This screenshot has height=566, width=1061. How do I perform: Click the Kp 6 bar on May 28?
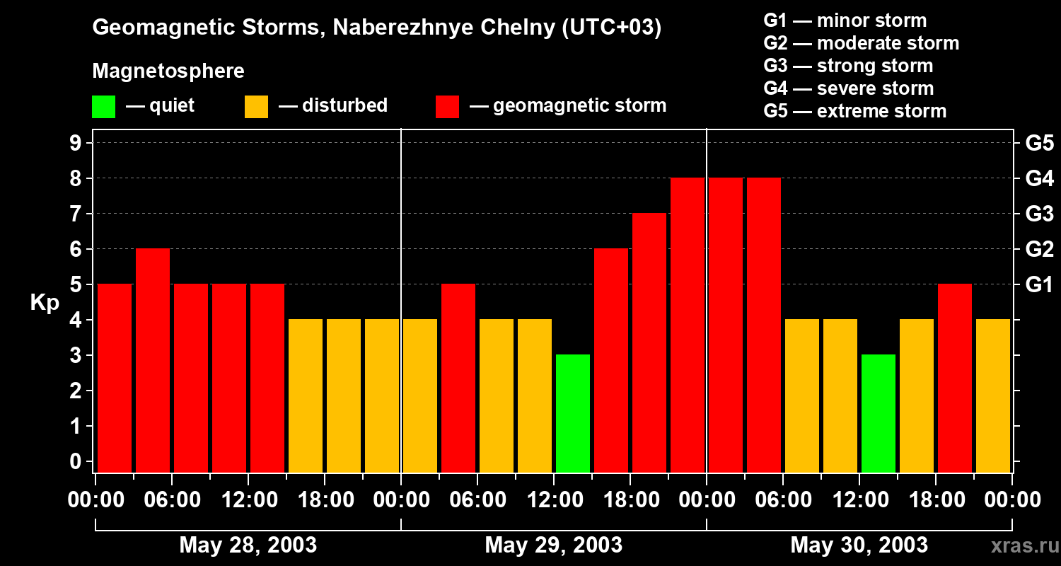153,360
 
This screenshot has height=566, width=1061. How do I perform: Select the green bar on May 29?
573,413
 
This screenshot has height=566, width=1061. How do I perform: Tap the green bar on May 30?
879,413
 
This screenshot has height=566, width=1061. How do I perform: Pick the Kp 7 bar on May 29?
649,342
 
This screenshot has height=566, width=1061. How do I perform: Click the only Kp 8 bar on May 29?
688,325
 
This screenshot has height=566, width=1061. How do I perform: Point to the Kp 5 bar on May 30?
955,378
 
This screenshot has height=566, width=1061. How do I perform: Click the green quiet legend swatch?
103,106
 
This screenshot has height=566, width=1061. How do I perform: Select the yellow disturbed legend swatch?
256,106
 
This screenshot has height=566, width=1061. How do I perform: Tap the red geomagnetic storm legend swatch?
447,106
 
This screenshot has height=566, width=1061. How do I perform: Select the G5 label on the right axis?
1039,144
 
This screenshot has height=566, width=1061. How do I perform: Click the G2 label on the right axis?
1039,250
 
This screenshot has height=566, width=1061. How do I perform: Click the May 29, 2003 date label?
553,545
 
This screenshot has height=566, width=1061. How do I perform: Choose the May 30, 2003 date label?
859,545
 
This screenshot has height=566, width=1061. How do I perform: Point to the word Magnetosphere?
168,71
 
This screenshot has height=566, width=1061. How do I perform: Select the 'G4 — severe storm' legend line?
848,88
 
